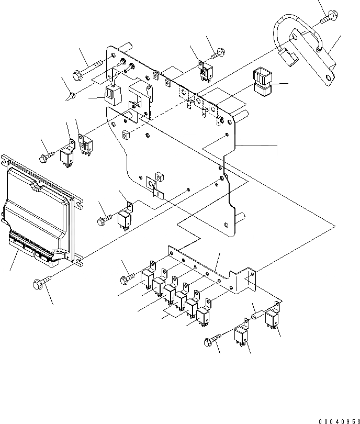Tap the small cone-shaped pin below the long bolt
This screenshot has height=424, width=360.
(x=72, y=96)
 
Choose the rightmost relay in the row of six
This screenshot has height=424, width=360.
(x=203, y=314)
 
